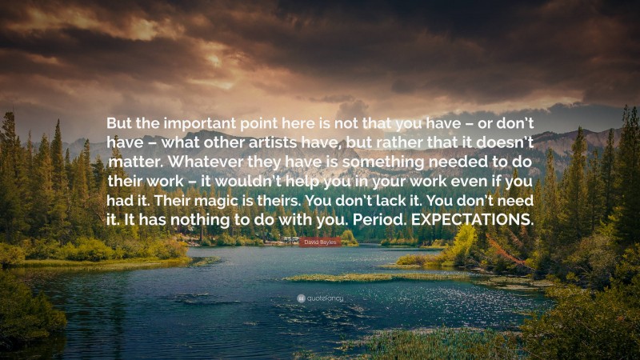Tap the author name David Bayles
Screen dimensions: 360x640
click(319, 241)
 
